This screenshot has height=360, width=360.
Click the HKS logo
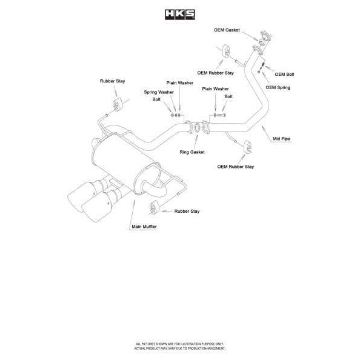coord(180,13)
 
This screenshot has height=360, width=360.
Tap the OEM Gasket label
coord(227,29)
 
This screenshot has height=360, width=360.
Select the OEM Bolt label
coord(284,74)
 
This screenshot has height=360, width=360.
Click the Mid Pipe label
coord(282,139)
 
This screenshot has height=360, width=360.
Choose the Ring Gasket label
coord(192,152)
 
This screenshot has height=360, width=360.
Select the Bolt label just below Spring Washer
coord(157,99)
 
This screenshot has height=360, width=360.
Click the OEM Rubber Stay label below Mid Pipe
coord(236,165)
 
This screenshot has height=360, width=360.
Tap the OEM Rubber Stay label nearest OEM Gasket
coord(215,72)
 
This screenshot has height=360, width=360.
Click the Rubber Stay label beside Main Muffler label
coord(187,211)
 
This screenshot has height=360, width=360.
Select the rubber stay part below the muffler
coord(153,209)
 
